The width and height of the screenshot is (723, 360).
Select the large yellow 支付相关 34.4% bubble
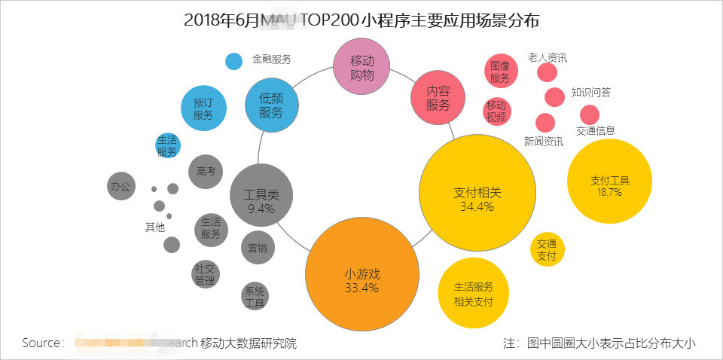tap(477, 194)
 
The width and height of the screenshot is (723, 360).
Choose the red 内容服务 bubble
tap(438, 99)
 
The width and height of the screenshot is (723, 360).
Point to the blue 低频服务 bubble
tap(272, 105)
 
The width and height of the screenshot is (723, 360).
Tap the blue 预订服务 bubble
tap(203, 108)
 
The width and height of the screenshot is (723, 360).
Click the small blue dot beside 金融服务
tap(234, 61)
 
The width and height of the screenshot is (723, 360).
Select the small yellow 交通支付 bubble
tap(547, 249)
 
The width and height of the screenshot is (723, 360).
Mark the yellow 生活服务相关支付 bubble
tap(473, 294)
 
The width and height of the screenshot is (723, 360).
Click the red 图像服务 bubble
tap(500, 72)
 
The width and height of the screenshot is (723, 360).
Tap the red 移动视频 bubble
tap(496, 111)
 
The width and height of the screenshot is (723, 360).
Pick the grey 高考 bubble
tap(206, 172)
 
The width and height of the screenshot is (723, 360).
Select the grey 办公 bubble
tap(121, 186)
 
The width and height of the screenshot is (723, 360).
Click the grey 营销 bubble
tap(258, 247)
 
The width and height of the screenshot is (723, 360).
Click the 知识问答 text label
tap(590, 93)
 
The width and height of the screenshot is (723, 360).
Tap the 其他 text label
tap(154, 227)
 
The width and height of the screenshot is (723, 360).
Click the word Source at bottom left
tap(43, 343)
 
